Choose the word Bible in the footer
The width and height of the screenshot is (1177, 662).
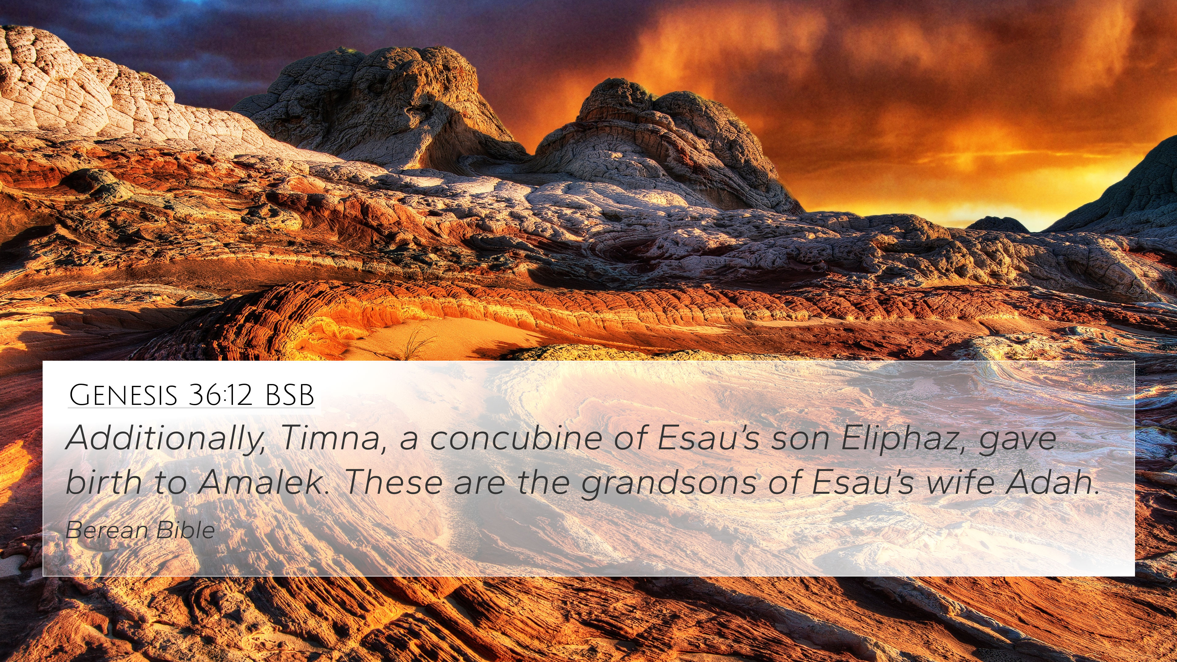coord(185,530)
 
